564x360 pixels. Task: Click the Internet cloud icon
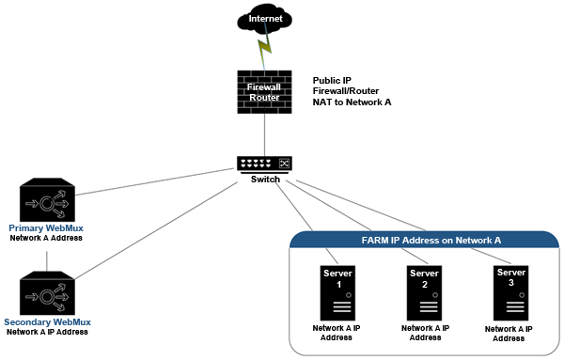(264, 19)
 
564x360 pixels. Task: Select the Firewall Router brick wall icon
(264, 92)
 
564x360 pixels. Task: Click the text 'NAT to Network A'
(352, 102)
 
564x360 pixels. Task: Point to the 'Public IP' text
(332, 80)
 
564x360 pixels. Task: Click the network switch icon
(264, 164)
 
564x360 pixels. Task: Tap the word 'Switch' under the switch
(265, 180)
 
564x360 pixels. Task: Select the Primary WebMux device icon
(47, 200)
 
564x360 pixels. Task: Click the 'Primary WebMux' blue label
(46, 228)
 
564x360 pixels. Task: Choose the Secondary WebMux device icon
(47, 293)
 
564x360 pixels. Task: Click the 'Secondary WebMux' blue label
(47, 321)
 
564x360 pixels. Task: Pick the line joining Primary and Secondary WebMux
(47, 261)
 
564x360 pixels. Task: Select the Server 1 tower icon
(337, 293)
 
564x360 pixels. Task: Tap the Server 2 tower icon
(425, 293)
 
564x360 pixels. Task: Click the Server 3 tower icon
(511, 293)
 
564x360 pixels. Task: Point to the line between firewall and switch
(265, 134)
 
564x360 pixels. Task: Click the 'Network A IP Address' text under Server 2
(425, 333)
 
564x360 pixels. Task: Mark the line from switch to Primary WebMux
(155, 181)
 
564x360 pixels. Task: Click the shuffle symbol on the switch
(284, 164)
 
